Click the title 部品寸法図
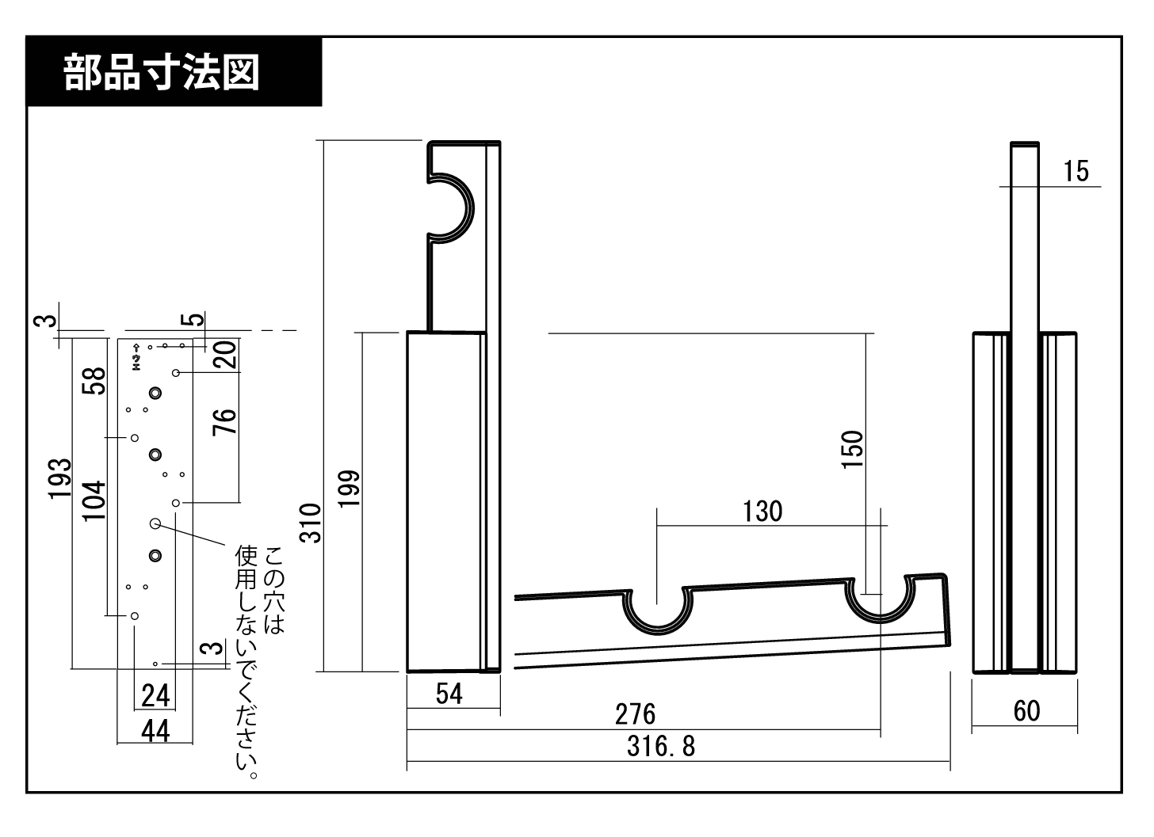(x=162, y=72)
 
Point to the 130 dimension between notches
(x=762, y=512)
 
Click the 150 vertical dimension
(x=852, y=449)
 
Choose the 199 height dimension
(x=350, y=489)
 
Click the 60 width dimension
(x=1026, y=710)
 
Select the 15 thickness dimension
(x=1076, y=171)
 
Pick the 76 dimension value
(x=225, y=421)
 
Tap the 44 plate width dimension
(x=155, y=730)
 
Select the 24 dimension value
(x=155, y=696)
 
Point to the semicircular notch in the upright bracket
(x=450, y=207)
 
